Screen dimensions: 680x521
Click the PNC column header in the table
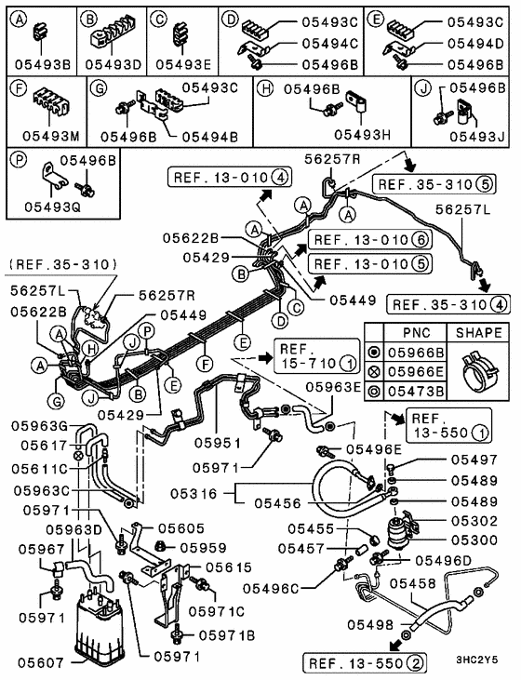[x=416, y=332]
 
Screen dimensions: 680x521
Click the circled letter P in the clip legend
[x=18, y=158]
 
